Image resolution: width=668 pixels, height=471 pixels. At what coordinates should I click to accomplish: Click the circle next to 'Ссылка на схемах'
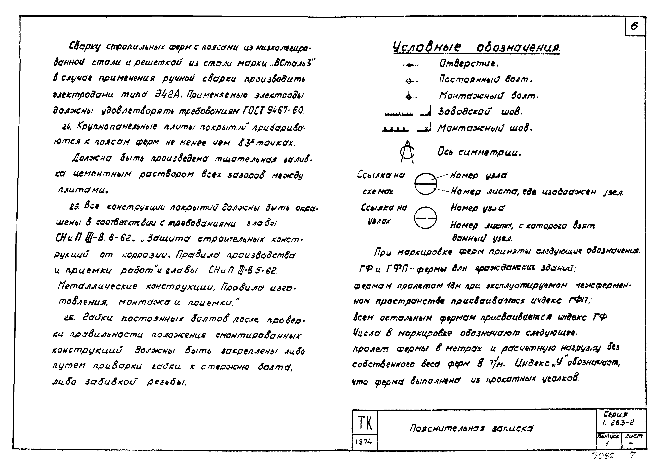point(425,184)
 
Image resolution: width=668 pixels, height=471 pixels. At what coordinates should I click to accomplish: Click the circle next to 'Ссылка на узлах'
point(425,218)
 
